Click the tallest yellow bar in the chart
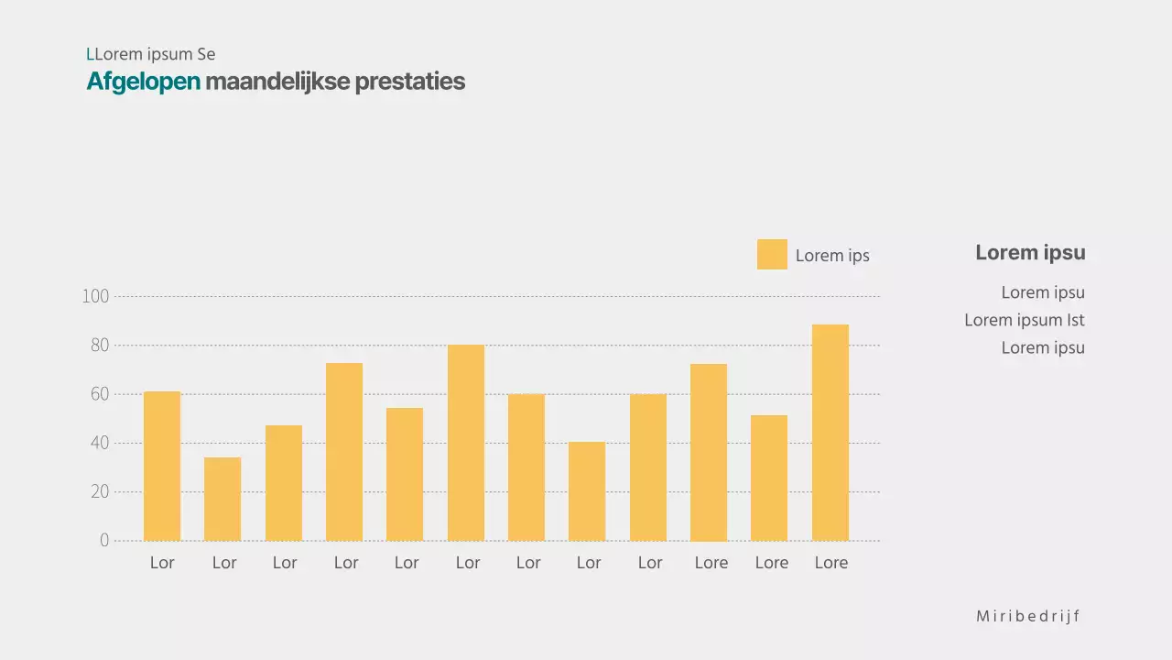point(830,433)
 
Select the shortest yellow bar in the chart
point(222,499)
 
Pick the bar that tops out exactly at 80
point(466,443)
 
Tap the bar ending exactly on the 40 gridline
point(587,491)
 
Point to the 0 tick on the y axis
point(104,541)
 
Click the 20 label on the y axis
point(99,492)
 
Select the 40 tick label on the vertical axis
point(99,444)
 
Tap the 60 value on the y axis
point(99,394)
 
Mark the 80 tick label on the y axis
point(99,346)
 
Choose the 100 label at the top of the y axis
point(95,297)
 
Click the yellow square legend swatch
point(772,255)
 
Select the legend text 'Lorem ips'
point(832,256)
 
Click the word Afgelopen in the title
point(143,82)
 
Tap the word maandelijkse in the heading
point(277,82)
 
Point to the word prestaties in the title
point(409,82)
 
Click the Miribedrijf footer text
point(1027,616)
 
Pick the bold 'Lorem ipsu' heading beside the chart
point(1030,253)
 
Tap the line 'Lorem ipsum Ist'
point(1024,320)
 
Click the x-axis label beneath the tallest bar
point(831,563)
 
